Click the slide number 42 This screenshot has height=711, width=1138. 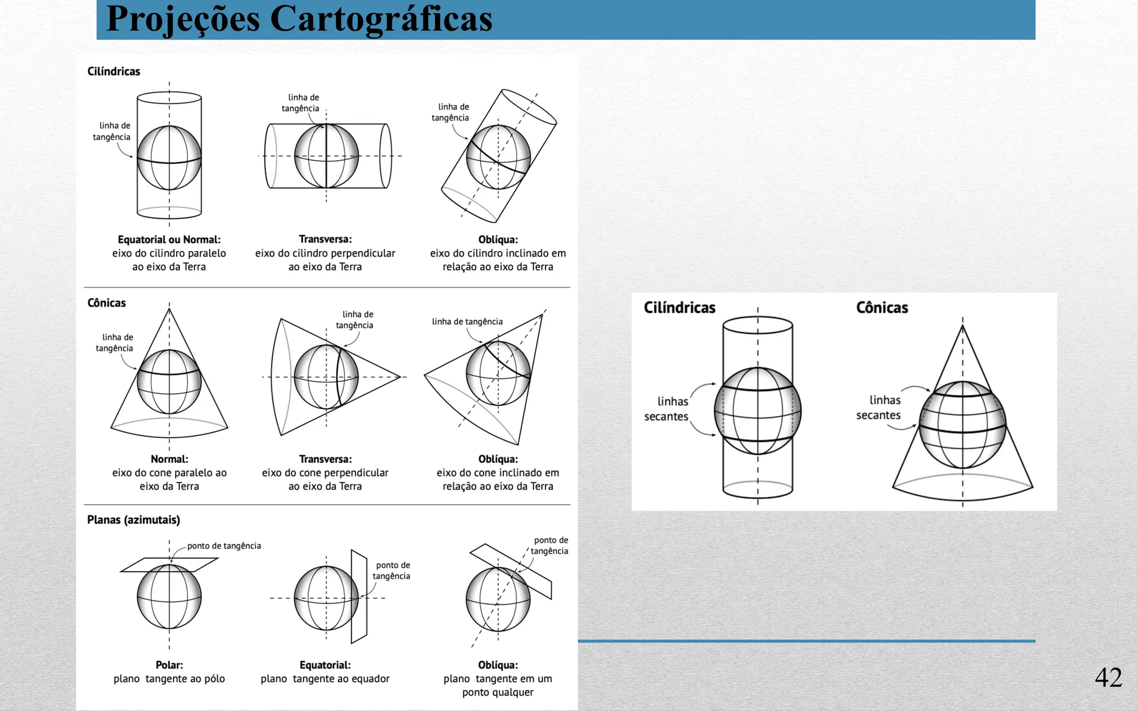pyautogui.click(x=1108, y=677)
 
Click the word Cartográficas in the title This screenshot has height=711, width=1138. pyautogui.click(x=381, y=19)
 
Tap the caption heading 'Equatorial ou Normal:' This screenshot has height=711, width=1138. pyautogui.click(x=169, y=239)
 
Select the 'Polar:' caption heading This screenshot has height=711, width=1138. pyautogui.click(x=169, y=665)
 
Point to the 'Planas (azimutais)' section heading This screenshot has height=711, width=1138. pyautogui.click(x=133, y=520)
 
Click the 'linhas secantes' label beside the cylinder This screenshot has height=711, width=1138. pyautogui.click(x=667, y=409)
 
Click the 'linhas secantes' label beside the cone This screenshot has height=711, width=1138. pyautogui.click(x=879, y=408)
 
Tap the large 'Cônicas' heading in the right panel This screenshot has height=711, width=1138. pyautogui.click(x=882, y=308)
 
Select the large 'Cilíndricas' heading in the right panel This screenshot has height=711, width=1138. pyautogui.click(x=680, y=308)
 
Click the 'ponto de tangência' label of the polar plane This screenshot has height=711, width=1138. pyautogui.click(x=224, y=546)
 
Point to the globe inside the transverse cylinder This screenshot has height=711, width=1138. pyautogui.click(x=326, y=156)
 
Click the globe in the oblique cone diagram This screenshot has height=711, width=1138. pyautogui.click(x=498, y=374)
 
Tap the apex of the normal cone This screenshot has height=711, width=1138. pyautogui.click(x=169, y=309)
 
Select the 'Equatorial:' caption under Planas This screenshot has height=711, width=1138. pyautogui.click(x=325, y=665)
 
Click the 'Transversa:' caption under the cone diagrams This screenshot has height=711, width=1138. pyautogui.click(x=325, y=459)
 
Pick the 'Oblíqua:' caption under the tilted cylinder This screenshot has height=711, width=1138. pyautogui.click(x=498, y=239)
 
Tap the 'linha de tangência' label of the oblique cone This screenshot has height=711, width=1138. pyautogui.click(x=467, y=322)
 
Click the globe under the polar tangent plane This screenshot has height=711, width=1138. pyautogui.click(x=169, y=597)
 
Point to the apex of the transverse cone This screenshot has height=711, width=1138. pyautogui.click(x=400, y=377)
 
